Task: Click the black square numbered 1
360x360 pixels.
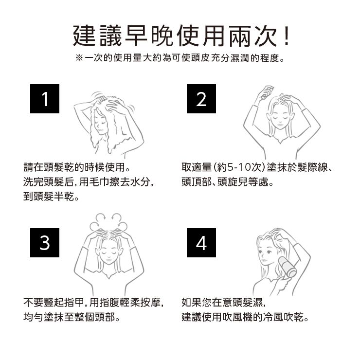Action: [x=45, y=99]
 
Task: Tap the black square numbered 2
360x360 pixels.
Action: [x=201, y=99]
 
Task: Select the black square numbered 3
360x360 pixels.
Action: [x=45, y=243]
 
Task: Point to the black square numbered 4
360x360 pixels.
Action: [x=201, y=243]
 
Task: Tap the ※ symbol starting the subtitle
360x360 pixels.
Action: [x=79, y=58]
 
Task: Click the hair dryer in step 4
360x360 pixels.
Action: [x=288, y=267]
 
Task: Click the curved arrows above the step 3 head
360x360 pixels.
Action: [x=108, y=221]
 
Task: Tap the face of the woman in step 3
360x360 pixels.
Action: [x=109, y=255]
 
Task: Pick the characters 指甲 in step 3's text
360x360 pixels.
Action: [x=74, y=303]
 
